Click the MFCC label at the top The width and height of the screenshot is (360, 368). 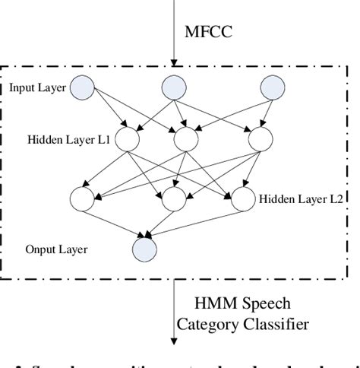point(209,33)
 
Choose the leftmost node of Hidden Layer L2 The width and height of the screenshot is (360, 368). point(81,199)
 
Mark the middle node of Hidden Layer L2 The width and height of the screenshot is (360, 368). point(174,199)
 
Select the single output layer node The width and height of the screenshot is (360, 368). point(144,249)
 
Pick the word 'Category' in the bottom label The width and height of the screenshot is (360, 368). point(205,325)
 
